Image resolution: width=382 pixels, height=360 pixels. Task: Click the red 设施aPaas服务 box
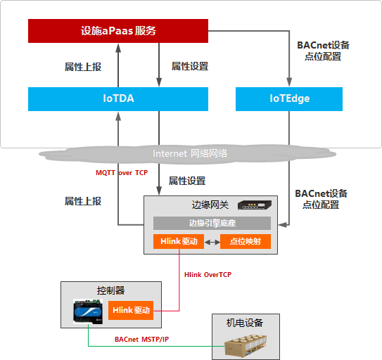pyautogui.click(x=118, y=31)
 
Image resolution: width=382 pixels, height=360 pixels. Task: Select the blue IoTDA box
pyautogui.click(x=118, y=99)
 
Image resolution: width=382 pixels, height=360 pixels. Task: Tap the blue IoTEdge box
pyautogui.click(x=289, y=99)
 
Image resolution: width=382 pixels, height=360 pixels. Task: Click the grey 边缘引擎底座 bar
pyautogui.click(x=212, y=223)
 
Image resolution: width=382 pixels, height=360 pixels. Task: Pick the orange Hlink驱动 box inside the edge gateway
pyautogui.click(x=179, y=241)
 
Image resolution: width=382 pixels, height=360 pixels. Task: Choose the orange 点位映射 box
pyautogui.click(x=246, y=241)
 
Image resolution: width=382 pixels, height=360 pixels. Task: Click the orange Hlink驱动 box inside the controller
pyautogui.click(x=130, y=309)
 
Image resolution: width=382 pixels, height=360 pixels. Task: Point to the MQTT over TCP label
pyautogui.click(x=122, y=172)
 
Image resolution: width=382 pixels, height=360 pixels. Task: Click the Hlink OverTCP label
pyautogui.click(x=208, y=274)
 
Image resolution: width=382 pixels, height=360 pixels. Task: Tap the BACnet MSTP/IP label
pyautogui.click(x=141, y=339)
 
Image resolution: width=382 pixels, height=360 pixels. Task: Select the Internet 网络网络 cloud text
pyautogui.click(x=190, y=153)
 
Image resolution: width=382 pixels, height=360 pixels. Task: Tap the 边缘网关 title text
pyautogui.click(x=211, y=205)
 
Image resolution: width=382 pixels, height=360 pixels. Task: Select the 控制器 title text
pyautogui.click(x=110, y=290)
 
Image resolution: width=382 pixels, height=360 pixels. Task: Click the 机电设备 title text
pyautogui.click(x=244, y=323)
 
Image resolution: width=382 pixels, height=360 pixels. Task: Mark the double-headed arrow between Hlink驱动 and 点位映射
pyautogui.click(x=212, y=241)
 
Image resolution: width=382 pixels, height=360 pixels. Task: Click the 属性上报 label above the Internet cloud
pyautogui.click(x=83, y=67)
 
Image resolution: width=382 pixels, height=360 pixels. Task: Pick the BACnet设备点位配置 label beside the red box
pyautogui.click(x=323, y=51)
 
